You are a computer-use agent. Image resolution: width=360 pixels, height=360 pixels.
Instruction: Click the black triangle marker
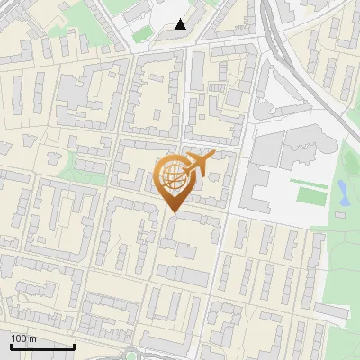pos(181,24)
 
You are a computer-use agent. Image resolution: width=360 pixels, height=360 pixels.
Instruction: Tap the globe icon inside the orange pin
pos(172,176)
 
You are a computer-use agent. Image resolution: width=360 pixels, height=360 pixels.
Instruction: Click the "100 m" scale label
pos(23,338)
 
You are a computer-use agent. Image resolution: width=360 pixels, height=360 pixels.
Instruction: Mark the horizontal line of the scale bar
pos(42,346)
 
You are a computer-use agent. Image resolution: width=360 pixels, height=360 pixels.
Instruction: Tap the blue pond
pos(344,191)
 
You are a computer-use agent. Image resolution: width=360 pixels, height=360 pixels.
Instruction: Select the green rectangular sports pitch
pos(307,194)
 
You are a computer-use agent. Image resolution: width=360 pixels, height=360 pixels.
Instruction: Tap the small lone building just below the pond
pos(342,215)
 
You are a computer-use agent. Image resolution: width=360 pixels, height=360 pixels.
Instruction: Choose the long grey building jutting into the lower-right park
pos(331,311)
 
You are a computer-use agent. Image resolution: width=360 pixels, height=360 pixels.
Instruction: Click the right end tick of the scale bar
pos(74,345)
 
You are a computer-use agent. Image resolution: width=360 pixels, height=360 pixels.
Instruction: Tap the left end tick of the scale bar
pos(11,345)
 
